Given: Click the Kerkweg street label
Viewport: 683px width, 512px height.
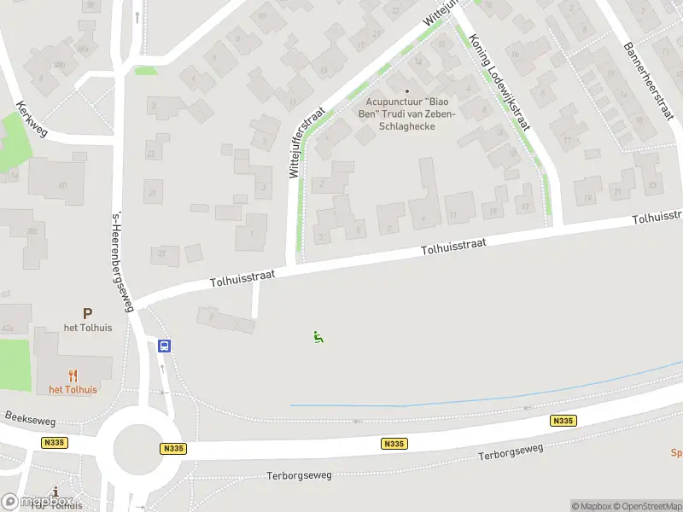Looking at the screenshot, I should point(32,121).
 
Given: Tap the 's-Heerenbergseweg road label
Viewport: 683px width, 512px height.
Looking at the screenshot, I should point(122,262).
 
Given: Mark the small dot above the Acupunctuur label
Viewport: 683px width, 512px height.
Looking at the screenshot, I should point(407,91).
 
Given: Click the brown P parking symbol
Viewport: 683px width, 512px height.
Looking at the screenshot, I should point(86,315).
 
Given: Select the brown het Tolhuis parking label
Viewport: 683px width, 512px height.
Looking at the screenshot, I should point(85,328).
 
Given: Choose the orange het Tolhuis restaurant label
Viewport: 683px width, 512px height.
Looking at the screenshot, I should point(73,390).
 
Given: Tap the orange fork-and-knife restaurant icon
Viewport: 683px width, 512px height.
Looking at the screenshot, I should point(73,375).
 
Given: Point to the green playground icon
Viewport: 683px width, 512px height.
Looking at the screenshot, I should point(318,337).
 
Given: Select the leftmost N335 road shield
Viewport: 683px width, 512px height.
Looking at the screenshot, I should point(54,442).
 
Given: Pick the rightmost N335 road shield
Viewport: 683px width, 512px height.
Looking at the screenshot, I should point(563,421).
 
